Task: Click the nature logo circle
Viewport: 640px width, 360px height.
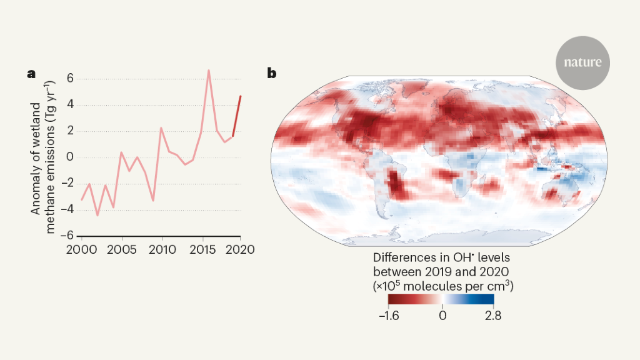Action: point(582,62)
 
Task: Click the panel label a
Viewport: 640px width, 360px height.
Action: point(31,74)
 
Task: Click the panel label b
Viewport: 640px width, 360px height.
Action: point(272,74)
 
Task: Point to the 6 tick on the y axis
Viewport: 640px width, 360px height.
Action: point(71,79)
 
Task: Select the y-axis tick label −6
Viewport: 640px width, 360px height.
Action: point(67,235)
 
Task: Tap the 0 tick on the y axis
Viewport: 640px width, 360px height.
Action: point(71,157)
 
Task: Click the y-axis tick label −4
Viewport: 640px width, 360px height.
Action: point(67,209)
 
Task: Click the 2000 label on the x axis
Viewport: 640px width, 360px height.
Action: point(82,248)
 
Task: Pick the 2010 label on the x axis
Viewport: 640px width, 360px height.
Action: point(162,248)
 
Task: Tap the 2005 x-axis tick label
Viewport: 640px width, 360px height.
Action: point(122,248)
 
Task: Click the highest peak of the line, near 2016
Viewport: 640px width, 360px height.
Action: point(209,70)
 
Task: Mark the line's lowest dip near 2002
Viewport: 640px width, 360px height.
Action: point(97,215)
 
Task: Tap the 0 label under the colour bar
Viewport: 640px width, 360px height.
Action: point(442,314)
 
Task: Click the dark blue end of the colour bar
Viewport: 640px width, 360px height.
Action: point(491,299)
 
